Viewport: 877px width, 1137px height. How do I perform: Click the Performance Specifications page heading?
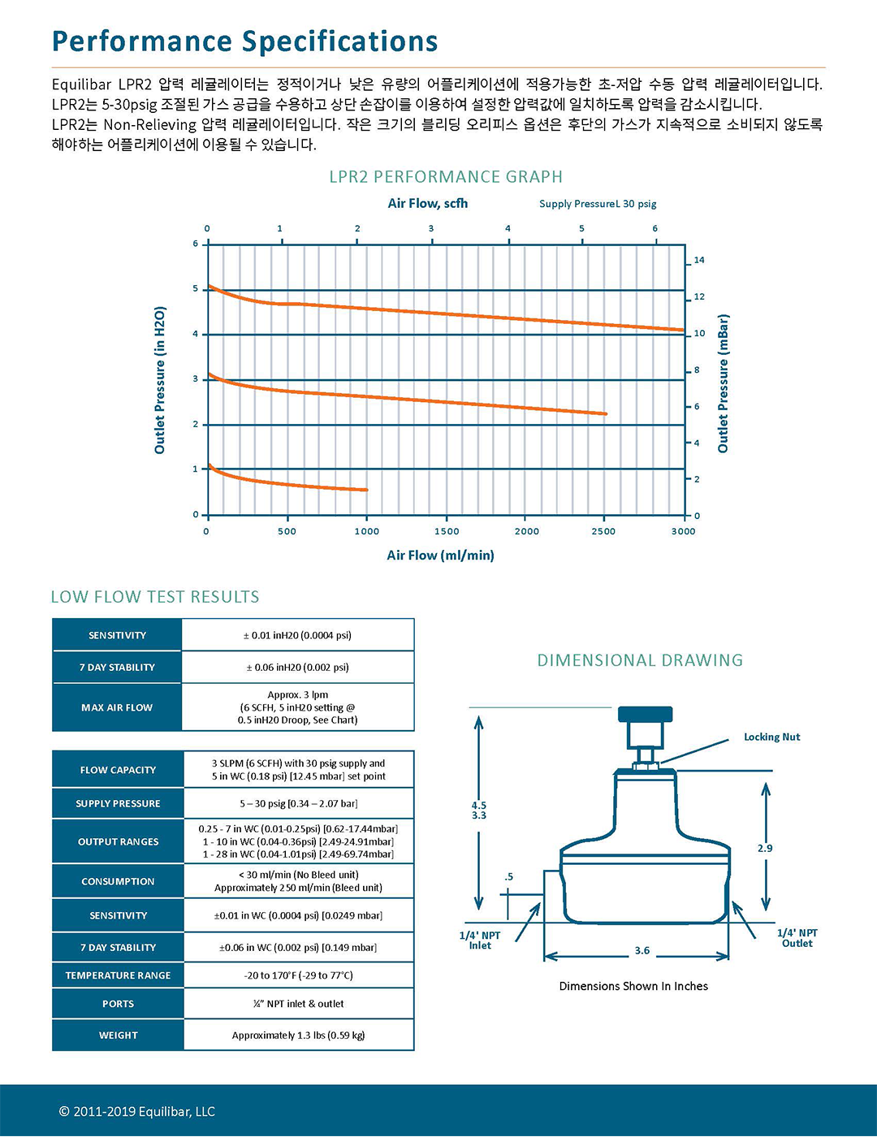click(x=244, y=41)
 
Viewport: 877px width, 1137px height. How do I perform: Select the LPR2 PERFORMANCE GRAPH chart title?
click(x=445, y=177)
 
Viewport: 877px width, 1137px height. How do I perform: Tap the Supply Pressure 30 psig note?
click(x=598, y=204)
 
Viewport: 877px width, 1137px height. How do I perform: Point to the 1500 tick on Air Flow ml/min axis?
click(x=446, y=531)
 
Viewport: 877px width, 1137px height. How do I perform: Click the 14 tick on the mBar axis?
click(x=698, y=260)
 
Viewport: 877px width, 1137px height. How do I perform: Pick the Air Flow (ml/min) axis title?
click(x=440, y=556)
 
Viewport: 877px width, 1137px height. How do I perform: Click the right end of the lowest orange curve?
click(x=366, y=490)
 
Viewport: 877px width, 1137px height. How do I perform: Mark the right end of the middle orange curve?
click(x=605, y=414)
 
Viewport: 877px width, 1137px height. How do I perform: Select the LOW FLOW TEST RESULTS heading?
click(x=155, y=597)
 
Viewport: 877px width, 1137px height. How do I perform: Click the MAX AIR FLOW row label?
click(x=117, y=707)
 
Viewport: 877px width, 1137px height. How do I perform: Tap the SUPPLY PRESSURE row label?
click(x=118, y=803)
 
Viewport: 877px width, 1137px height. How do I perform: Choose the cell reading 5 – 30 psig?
click(x=298, y=803)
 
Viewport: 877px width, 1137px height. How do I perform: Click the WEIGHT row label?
click(x=118, y=1035)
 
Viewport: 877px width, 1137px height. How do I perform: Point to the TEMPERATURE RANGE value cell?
click(x=298, y=975)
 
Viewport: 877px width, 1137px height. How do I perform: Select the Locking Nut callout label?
click(x=771, y=737)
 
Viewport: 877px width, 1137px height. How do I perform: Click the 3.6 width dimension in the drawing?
click(x=642, y=950)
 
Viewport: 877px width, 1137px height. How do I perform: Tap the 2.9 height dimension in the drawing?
click(x=765, y=848)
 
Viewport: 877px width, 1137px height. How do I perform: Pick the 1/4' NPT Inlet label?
click(x=480, y=940)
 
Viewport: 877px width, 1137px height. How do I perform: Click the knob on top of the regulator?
click(x=645, y=715)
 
